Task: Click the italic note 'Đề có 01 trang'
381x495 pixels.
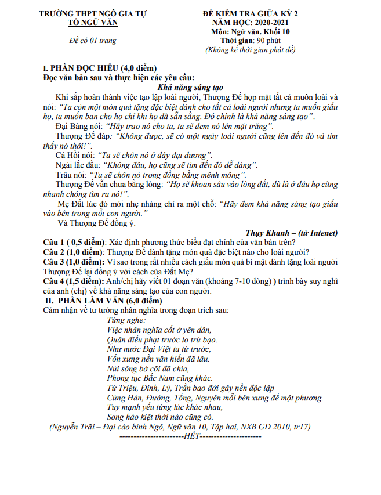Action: [92, 40]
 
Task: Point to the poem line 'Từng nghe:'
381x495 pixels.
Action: [126, 320]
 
